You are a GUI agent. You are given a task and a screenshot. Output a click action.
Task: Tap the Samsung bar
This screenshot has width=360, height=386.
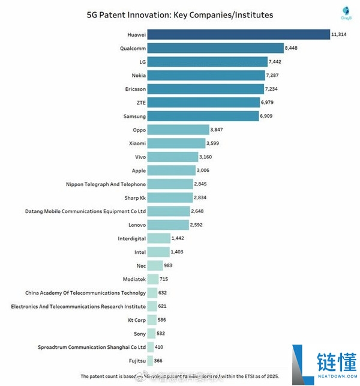(203, 115)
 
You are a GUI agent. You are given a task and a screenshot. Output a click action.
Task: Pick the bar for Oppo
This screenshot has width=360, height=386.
(178, 129)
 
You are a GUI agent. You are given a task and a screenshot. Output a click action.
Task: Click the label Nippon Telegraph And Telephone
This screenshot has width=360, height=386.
(106, 184)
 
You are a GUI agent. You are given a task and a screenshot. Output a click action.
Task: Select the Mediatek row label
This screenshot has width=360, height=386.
(132, 279)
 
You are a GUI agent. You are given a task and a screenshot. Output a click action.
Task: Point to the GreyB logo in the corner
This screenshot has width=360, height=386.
(345, 12)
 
